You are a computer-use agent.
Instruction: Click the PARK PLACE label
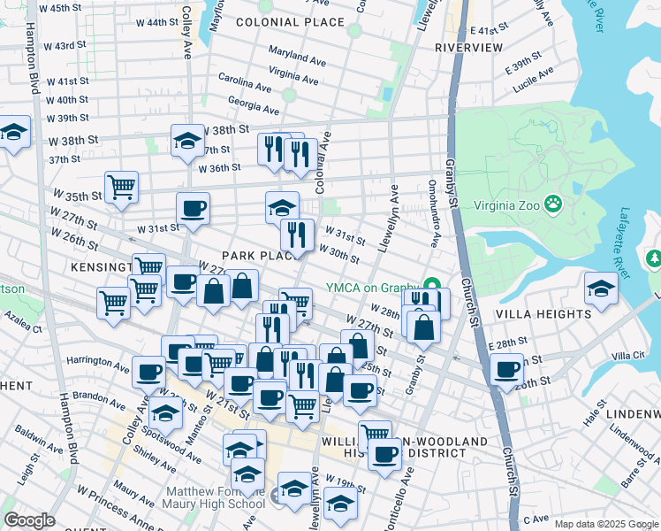[256, 256]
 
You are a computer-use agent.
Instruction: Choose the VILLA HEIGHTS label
[543, 314]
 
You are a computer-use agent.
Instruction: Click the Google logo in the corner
[29, 520]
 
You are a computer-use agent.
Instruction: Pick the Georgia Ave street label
[253, 106]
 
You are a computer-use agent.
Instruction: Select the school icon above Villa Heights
[601, 289]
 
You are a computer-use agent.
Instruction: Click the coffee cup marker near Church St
[507, 368]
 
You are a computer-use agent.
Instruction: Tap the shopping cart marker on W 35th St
[121, 187]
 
